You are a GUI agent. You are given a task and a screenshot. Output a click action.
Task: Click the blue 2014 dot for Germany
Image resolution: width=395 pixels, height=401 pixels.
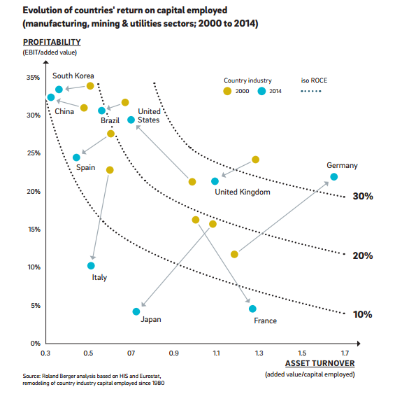click(333, 177)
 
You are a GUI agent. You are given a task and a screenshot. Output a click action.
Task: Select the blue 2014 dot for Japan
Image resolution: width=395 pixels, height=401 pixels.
click(136, 311)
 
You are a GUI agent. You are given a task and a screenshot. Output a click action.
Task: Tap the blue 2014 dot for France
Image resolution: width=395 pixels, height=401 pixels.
click(252, 309)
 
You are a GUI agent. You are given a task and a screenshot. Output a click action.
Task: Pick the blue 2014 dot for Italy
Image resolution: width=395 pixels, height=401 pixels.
click(91, 266)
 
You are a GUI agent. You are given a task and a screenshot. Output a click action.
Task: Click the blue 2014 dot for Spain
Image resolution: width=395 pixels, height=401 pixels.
click(76, 157)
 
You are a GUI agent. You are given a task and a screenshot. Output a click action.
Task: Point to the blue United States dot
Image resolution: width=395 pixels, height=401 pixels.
click(131, 120)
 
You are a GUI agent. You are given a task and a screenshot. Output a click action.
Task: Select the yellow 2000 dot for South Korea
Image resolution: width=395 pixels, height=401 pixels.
click(90, 86)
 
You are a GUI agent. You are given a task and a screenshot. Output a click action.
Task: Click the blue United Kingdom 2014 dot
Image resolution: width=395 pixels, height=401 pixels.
click(215, 181)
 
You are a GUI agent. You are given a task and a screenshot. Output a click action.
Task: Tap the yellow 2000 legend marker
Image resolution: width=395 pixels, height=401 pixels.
click(227, 91)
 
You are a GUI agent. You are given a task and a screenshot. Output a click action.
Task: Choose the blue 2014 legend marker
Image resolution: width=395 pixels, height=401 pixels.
click(261, 91)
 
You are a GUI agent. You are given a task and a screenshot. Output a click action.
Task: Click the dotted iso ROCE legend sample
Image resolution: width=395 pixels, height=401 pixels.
click(311, 91)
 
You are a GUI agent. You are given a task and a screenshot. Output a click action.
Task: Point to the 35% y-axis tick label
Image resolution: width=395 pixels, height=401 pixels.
click(33, 77)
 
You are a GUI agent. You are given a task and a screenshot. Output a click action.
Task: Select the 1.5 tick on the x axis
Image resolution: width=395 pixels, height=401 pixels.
click(302, 353)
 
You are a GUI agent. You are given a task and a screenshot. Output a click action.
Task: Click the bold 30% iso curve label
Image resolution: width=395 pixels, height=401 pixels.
click(363, 196)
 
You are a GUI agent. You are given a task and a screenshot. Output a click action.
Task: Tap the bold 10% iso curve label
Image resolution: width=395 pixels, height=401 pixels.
click(363, 314)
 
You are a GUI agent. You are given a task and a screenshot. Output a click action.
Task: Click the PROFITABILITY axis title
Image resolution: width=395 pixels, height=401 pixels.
click(52, 42)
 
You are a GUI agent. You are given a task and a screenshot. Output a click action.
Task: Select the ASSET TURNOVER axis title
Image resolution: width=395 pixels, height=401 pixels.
click(320, 363)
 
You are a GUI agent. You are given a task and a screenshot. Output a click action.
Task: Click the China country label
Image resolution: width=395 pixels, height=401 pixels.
click(64, 111)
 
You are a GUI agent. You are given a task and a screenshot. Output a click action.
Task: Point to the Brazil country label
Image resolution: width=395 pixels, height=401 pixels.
click(110, 120)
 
